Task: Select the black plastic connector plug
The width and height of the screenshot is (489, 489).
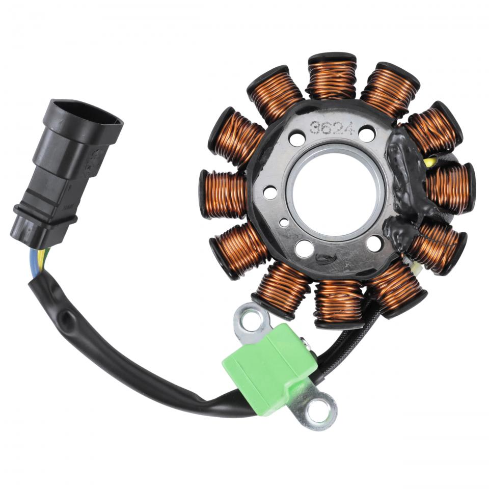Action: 66,173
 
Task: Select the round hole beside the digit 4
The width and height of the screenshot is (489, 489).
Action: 367,134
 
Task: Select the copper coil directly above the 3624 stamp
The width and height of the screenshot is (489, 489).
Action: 332,77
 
